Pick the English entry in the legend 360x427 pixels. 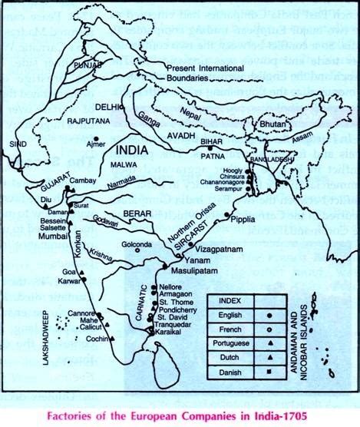tap(229, 315)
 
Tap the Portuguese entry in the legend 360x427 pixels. tap(233, 344)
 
